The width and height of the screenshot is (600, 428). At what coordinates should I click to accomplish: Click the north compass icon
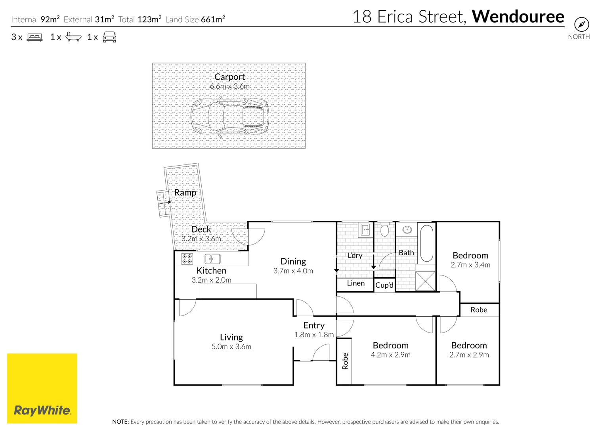(x=581, y=25)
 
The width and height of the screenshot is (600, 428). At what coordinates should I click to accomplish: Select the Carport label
(x=229, y=77)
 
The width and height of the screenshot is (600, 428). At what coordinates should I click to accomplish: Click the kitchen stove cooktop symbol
(x=187, y=259)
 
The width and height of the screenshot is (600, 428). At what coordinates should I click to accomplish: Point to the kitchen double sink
(x=212, y=259)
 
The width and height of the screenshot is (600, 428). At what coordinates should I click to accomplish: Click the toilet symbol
(x=384, y=230)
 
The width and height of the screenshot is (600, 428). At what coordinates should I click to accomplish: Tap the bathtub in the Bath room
(x=426, y=243)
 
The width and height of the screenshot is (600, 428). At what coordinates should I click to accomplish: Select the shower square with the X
(x=425, y=281)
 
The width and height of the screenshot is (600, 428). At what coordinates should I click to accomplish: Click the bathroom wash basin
(x=407, y=229)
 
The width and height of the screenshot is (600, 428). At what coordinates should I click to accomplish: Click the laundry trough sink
(x=365, y=229)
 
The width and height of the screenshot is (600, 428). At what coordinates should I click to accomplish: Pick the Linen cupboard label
(x=355, y=283)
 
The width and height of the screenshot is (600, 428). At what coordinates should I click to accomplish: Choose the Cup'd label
(x=384, y=285)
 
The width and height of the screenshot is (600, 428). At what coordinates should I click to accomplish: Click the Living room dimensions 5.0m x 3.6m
(x=231, y=347)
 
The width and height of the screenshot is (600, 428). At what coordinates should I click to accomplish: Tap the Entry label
(x=314, y=325)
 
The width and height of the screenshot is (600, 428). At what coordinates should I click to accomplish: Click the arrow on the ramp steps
(x=165, y=203)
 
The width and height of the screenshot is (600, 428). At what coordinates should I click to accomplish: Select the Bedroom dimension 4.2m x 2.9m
(x=390, y=355)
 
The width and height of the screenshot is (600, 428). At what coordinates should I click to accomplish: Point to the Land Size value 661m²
(x=213, y=19)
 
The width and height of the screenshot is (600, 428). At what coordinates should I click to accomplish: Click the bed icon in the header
(x=34, y=37)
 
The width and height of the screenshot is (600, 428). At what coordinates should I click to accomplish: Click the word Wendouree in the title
(x=518, y=17)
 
